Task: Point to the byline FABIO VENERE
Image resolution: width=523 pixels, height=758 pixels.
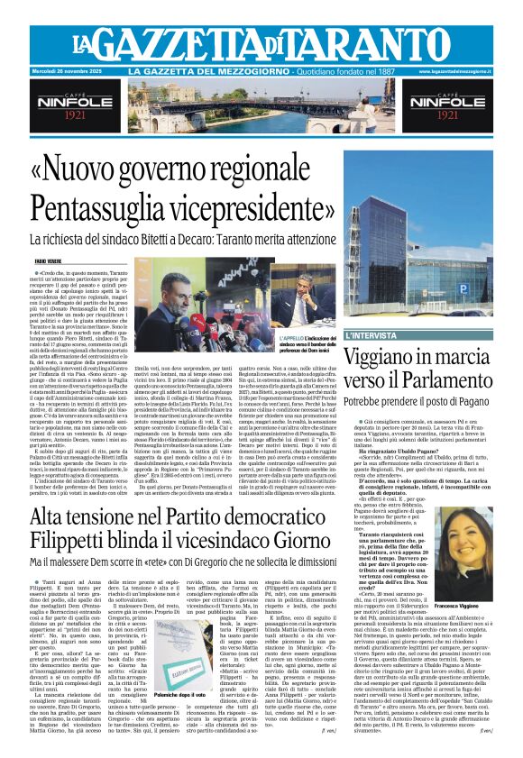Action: (x=49, y=261)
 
